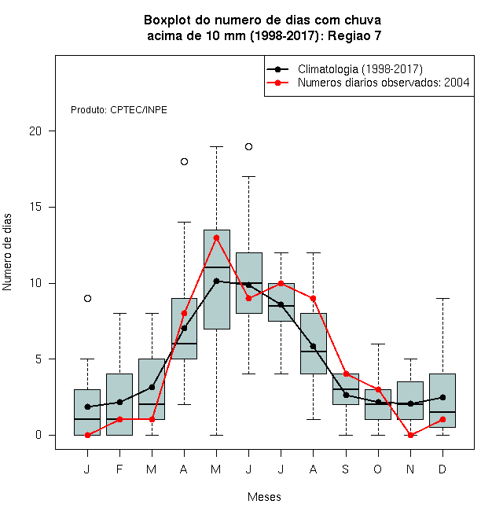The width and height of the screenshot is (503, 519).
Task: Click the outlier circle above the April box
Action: point(185,161)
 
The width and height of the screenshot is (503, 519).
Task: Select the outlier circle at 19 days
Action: point(249,146)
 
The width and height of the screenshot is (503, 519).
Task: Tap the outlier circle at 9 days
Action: point(87,299)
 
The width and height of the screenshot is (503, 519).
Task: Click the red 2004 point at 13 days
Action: point(216,237)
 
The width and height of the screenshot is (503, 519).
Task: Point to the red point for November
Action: point(411,436)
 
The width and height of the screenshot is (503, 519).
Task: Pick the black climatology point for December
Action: point(442,397)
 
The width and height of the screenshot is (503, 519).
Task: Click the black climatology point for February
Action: point(119,402)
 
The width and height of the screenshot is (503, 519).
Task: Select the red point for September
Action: point(346,374)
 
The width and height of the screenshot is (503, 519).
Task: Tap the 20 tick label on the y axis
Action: point(35,131)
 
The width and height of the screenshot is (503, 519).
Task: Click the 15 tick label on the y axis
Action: point(35,207)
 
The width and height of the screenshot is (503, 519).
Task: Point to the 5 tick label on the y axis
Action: point(39,359)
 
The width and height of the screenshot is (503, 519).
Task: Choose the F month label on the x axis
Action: point(119,469)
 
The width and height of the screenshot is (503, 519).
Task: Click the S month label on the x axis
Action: point(346,469)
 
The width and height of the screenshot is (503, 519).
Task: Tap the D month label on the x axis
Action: point(442,469)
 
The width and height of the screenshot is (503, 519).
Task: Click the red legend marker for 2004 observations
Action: point(277,83)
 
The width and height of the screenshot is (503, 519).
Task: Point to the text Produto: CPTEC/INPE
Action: point(119,110)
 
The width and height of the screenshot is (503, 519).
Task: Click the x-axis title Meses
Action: point(264,497)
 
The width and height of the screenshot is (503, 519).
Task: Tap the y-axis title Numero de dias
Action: point(7,252)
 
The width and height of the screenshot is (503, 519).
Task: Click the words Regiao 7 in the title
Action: point(354,35)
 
